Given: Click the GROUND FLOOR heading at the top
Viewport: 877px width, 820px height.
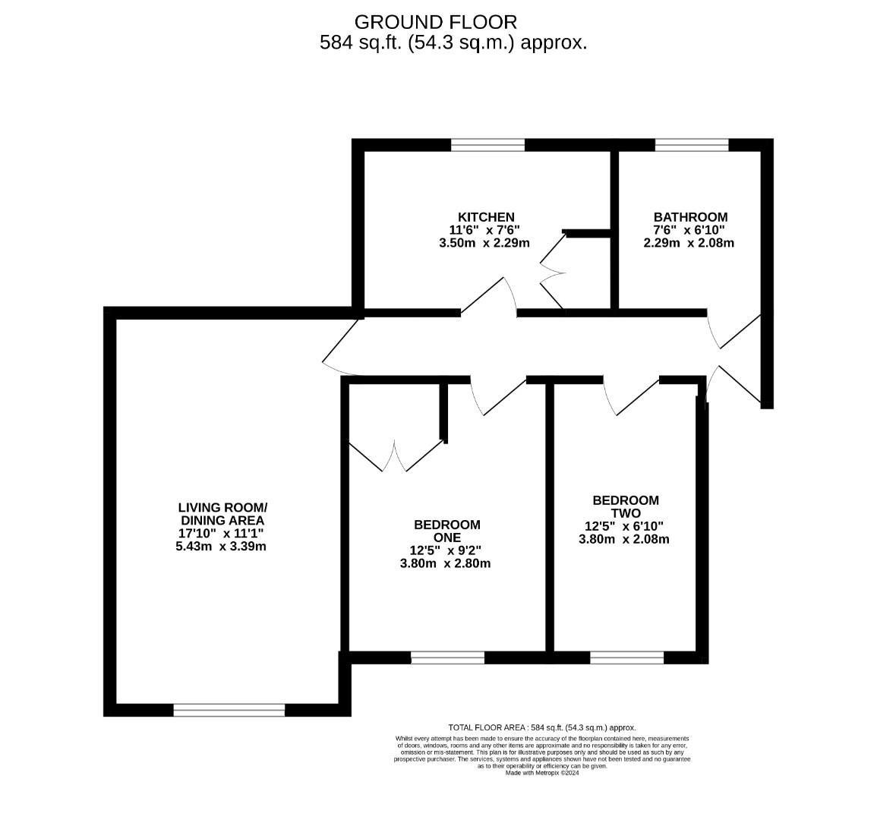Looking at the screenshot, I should click(x=436, y=22).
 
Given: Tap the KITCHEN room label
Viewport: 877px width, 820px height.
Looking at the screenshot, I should click(x=486, y=217).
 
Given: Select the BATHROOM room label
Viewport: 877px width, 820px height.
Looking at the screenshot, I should click(x=690, y=217).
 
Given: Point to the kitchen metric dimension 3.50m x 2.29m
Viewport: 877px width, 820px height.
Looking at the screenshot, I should click(x=484, y=243).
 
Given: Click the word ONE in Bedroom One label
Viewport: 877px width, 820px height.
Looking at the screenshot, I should click(x=446, y=538).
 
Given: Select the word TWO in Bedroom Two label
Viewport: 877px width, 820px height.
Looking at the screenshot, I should click(x=625, y=513).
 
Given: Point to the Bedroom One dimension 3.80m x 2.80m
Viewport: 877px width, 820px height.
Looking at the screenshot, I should click(x=446, y=563).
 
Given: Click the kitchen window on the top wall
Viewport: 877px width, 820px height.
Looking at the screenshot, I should click(x=487, y=145).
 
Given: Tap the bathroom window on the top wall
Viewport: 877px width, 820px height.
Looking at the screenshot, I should click(x=691, y=145).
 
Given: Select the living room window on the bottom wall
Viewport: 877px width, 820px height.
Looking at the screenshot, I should click(x=229, y=710).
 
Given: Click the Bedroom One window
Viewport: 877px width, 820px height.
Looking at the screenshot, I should click(x=447, y=658).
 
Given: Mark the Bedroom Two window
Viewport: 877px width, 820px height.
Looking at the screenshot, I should click(x=626, y=658).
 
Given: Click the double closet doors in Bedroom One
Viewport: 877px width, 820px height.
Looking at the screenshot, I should click(x=395, y=456).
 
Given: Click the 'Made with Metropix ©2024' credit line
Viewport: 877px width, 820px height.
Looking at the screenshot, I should click(x=542, y=774).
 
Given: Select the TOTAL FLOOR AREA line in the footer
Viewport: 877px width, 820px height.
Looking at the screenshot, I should click(x=542, y=727).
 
